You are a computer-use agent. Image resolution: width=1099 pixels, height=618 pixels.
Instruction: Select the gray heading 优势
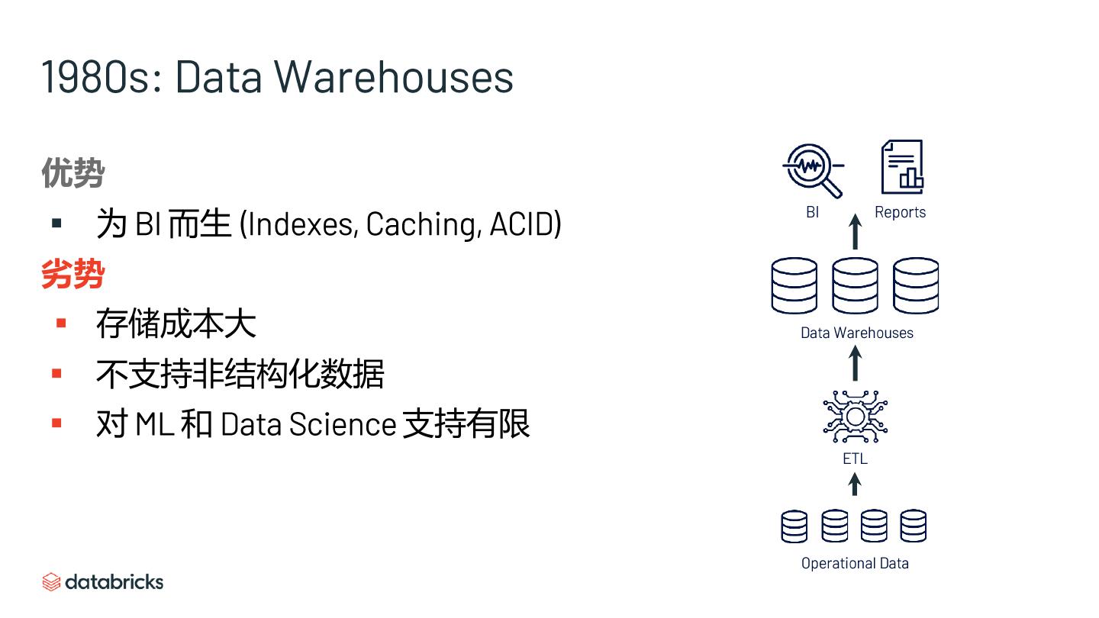(x=73, y=173)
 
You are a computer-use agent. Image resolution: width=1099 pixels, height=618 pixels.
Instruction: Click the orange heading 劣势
(x=73, y=274)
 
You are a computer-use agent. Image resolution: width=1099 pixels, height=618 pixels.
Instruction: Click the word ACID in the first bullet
(x=525, y=224)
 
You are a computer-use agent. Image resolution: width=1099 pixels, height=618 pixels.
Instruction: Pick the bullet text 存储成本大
(x=176, y=323)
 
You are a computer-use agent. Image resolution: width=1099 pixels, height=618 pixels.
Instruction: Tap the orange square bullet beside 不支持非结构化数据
(x=56, y=373)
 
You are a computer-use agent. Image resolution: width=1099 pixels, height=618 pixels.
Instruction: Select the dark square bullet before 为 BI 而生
(x=56, y=224)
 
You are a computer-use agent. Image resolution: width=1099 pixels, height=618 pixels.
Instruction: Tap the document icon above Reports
(x=902, y=167)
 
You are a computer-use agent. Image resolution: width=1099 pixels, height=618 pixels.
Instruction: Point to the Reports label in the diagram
(x=900, y=212)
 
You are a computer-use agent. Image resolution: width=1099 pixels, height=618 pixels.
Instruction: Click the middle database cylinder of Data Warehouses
(x=855, y=285)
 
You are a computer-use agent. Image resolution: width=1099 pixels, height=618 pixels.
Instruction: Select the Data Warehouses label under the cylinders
(x=856, y=333)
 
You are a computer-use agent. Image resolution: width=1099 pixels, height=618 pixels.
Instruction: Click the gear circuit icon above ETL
(x=855, y=417)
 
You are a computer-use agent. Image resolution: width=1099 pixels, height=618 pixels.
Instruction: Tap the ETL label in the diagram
(x=855, y=459)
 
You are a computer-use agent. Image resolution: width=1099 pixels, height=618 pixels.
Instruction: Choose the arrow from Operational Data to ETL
(x=855, y=484)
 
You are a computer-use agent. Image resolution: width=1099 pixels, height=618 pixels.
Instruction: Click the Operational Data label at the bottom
(x=855, y=563)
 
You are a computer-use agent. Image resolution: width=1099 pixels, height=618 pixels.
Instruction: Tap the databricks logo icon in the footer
(x=51, y=582)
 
